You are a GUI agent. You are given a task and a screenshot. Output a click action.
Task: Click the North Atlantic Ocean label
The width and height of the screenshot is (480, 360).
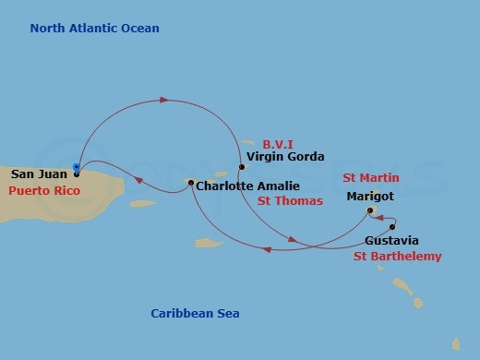coord(94,29)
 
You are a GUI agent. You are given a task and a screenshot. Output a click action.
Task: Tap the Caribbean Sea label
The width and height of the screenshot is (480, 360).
coord(195,314)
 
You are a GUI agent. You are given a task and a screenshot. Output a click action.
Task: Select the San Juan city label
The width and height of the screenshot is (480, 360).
coord(38,174)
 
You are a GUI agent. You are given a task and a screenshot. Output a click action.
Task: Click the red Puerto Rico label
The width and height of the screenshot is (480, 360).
coord(44,191)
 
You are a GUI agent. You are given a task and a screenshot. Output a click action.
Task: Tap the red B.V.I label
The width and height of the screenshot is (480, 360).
coord(279,145)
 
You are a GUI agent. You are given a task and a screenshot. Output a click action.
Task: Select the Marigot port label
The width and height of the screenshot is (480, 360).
coord(369,196)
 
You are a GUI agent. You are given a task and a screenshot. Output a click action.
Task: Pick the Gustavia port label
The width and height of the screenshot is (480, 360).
coord(391,241)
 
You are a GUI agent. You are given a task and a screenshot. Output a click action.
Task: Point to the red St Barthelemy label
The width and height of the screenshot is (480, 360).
coord(397,257)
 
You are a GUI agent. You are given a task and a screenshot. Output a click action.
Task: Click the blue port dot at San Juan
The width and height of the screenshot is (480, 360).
coord(76,169)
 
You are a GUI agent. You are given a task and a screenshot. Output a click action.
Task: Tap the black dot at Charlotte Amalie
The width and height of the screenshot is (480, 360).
coord(190,184)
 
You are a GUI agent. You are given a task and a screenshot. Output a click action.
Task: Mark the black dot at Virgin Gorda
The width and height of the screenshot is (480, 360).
coord(241,167)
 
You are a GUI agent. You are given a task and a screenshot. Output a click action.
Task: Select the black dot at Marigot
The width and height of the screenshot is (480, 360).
coord(370,210)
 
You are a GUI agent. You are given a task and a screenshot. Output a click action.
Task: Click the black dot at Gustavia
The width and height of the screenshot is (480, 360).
coord(392,226)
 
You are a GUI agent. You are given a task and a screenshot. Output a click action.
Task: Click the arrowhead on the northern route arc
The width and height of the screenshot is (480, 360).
coord(165,99)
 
